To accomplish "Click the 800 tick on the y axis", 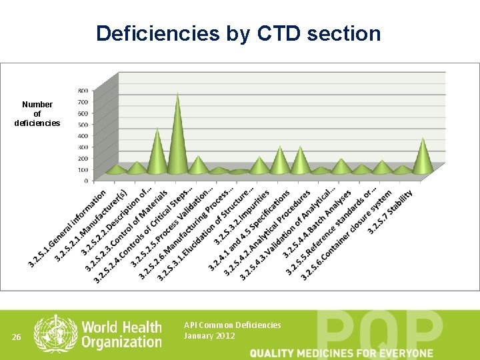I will tap(83, 90).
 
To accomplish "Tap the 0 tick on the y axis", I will tap(85, 180).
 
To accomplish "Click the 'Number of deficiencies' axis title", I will tap(37, 114).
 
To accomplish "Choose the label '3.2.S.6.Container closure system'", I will tap(347, 233).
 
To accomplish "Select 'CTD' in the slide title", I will tap(278, 33).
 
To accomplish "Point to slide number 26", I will tap(18, 337).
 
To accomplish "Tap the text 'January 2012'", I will tap(209, 336).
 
